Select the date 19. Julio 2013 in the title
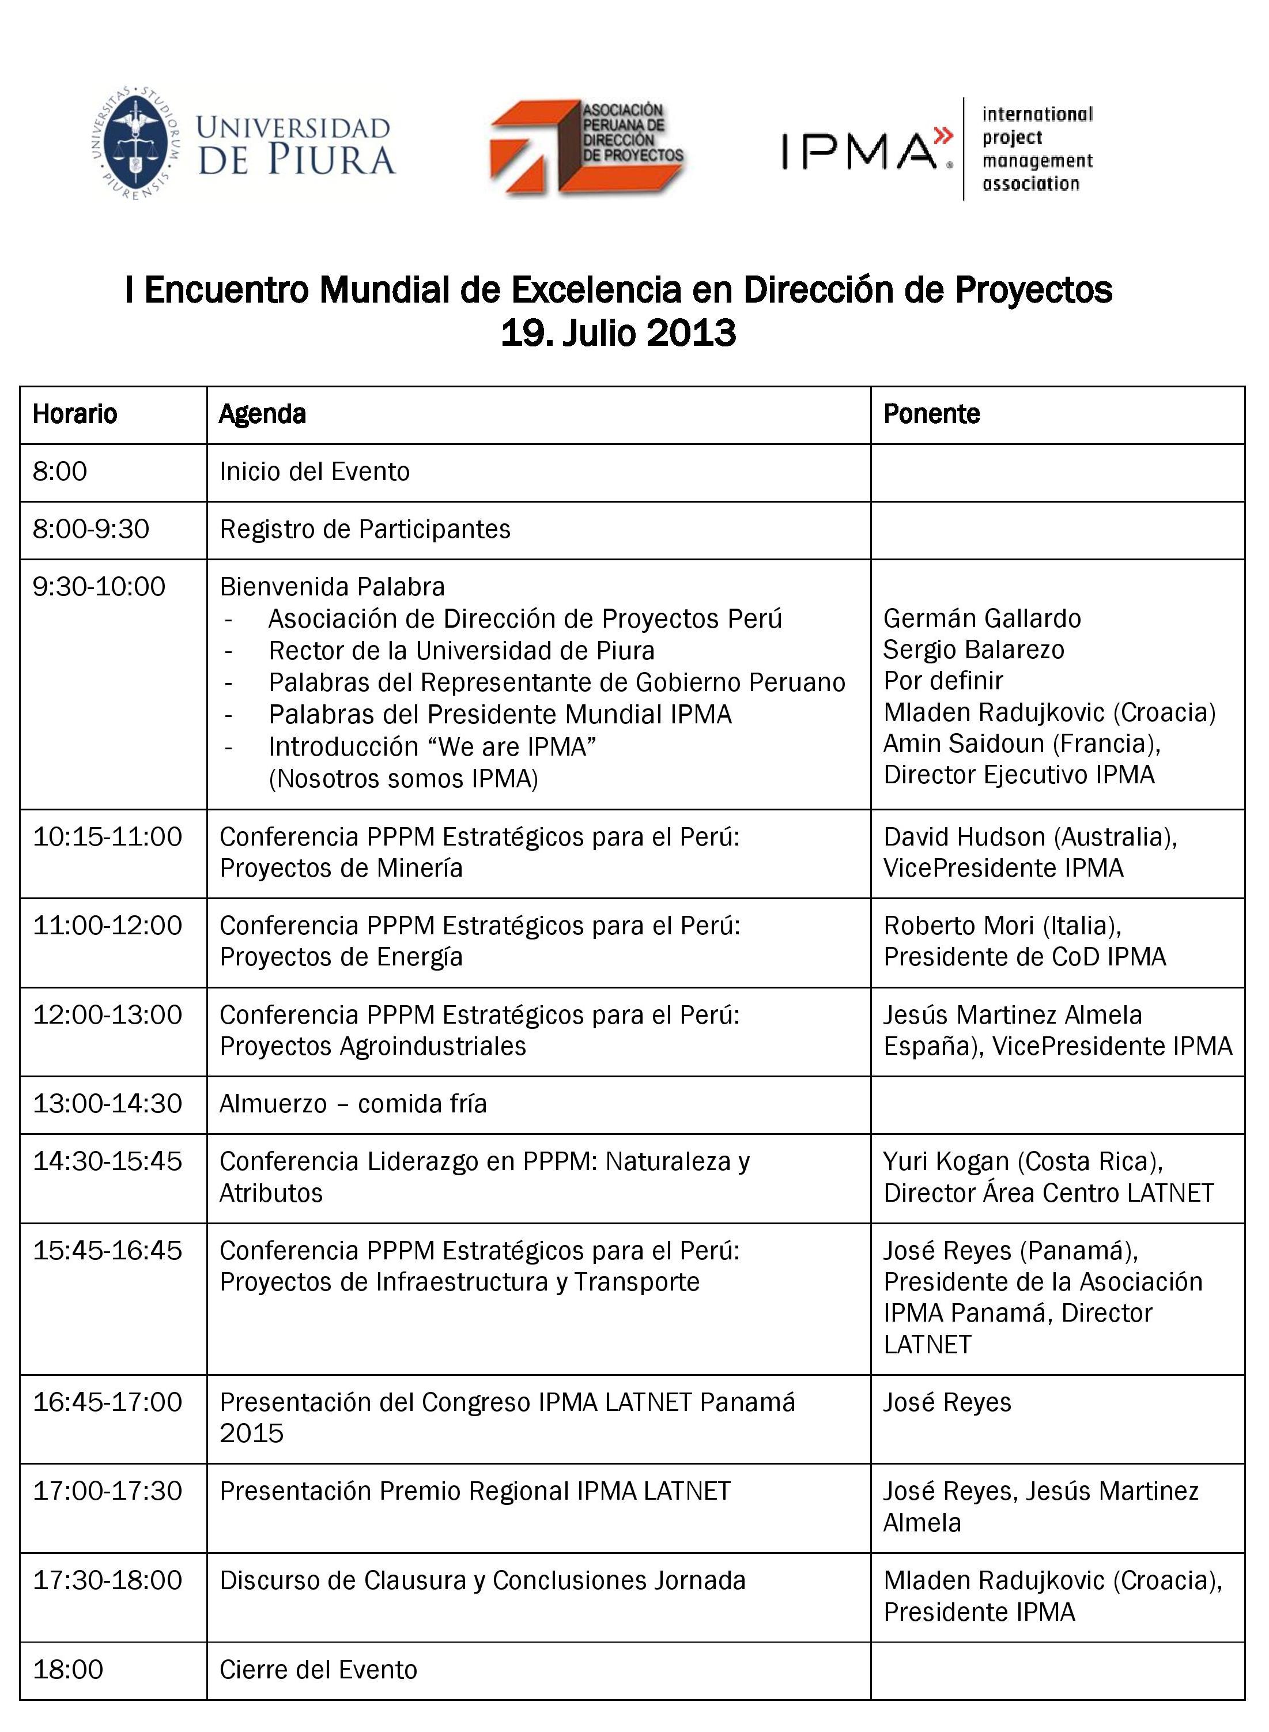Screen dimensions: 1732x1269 [618, 333]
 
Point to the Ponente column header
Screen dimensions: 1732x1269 [931, 414]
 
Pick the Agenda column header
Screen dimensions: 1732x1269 [262, 414]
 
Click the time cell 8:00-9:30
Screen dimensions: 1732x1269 [90, 529]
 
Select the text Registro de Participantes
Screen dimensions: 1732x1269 [365, 529]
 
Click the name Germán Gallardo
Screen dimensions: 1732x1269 [981, 618]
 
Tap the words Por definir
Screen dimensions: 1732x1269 [943, 681]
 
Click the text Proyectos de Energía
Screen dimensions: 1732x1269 [341, 957]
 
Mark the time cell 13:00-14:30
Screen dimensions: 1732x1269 [107, 1104]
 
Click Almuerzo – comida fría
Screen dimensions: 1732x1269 [353, 1104]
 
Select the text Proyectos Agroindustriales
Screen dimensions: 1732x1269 [372, 1046]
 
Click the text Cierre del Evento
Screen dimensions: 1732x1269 [318, 1670]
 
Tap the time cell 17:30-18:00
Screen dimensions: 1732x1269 [107, 1580]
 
